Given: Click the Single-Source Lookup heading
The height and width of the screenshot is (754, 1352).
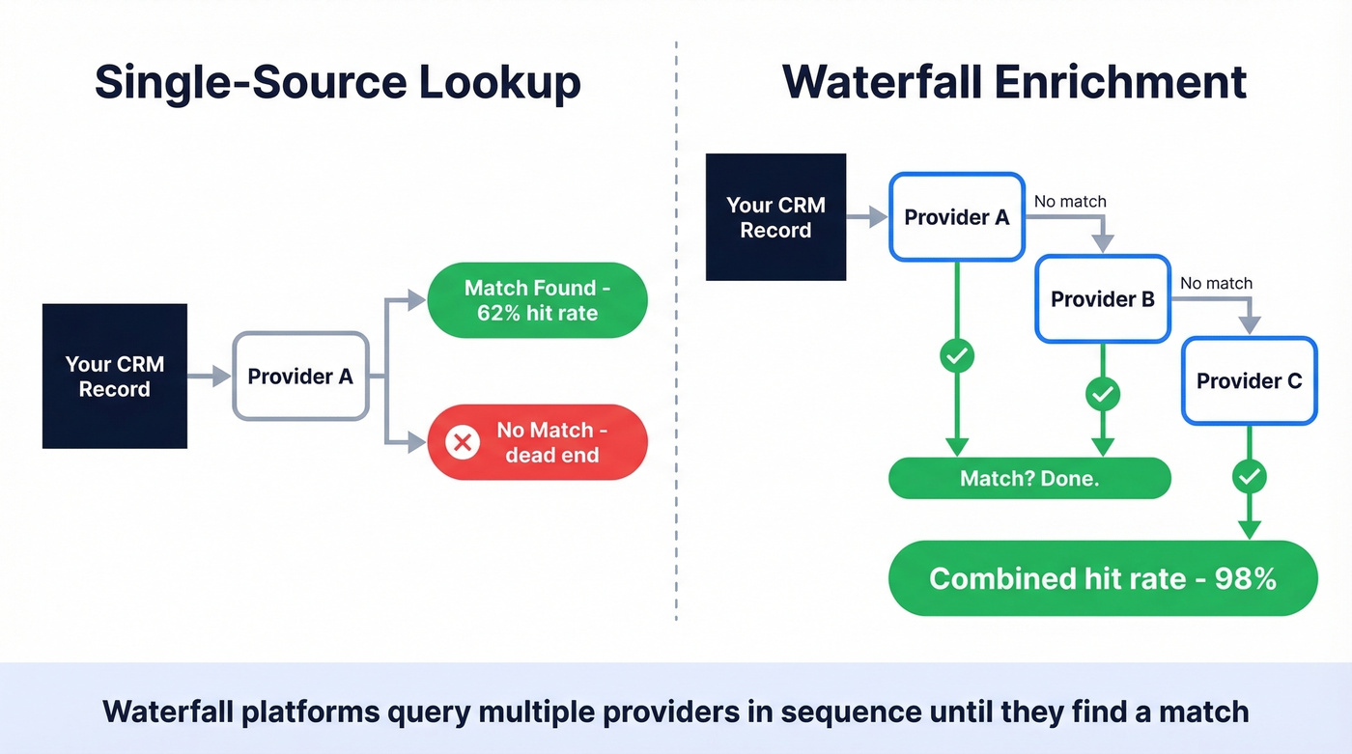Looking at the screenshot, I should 337,83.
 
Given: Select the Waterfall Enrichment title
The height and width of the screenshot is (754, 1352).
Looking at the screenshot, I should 1014,83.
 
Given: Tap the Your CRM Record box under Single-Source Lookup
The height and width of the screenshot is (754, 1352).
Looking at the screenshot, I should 115,377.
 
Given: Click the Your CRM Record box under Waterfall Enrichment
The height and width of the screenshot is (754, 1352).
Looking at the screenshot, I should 775,217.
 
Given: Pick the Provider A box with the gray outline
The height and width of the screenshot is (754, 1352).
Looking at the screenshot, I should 300,377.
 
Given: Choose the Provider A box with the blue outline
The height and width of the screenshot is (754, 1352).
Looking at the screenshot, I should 956,217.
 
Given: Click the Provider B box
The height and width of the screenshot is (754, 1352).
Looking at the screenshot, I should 1102,299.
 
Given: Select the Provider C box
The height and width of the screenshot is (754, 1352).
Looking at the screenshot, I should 1249,380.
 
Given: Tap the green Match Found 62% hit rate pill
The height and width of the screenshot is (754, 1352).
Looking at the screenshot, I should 537,300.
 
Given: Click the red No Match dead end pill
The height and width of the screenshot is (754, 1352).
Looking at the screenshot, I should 537,442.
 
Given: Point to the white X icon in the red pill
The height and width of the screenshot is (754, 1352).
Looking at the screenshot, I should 463,442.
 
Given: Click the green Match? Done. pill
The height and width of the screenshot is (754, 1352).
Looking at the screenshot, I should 1028,478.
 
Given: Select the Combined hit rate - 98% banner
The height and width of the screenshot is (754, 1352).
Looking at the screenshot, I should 1102,578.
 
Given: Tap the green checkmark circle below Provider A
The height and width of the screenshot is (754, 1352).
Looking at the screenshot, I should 956,355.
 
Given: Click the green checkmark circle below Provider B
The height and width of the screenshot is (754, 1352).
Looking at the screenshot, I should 1102,393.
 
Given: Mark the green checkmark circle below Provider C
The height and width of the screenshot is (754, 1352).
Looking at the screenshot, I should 1250,475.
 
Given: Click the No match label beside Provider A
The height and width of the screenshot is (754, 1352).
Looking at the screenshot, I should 1070,202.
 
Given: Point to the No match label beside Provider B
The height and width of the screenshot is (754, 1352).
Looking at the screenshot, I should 1216,283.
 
